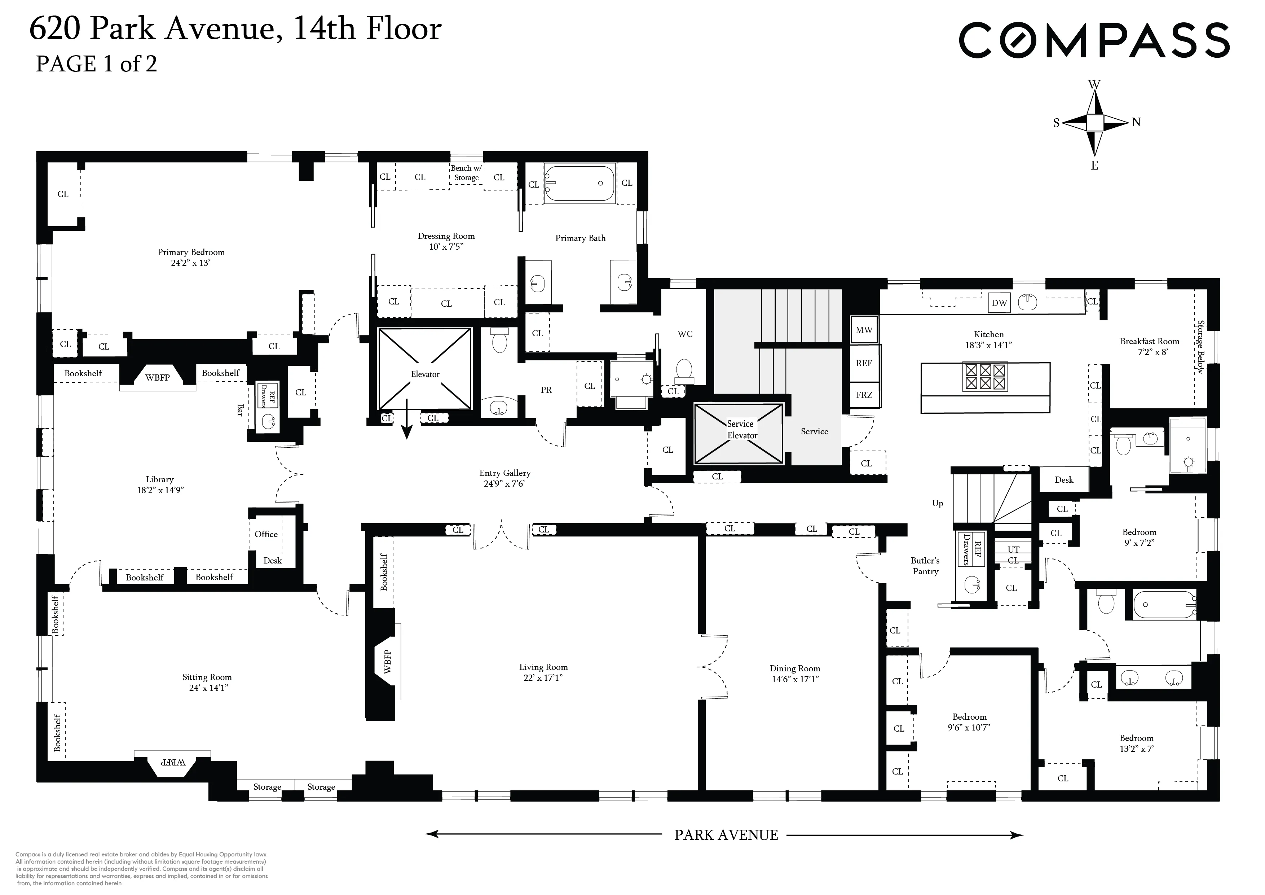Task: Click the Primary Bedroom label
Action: coord(191,252)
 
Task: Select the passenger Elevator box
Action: coord(425,368)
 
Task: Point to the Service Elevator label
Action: coord(741,429)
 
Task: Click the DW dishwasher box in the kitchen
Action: coord(999,303)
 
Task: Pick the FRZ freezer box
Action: coord(864,395)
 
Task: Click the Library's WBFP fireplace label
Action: coord(158,377)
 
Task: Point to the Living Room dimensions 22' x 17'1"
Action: coord(543,678)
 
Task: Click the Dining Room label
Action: coord(794,668)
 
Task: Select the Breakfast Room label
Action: coord(1149,341)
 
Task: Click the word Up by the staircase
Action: coord(937,503)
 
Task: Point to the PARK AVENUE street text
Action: coord(726,835)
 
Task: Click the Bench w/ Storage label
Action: coord(466,172)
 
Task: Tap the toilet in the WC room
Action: coord(684,370)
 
